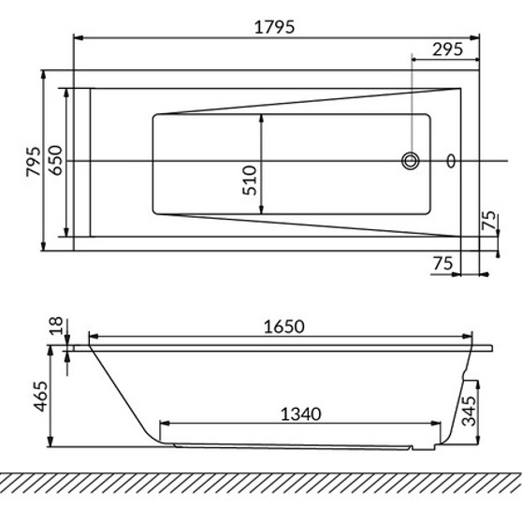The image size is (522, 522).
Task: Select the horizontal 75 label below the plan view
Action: point(444,265)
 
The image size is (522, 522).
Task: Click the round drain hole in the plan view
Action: point(411,161)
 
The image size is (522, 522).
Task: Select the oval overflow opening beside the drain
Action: point(452,161)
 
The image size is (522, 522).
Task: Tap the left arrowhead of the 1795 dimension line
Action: point(79,39)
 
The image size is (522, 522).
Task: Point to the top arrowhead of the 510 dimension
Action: point(262,119)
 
